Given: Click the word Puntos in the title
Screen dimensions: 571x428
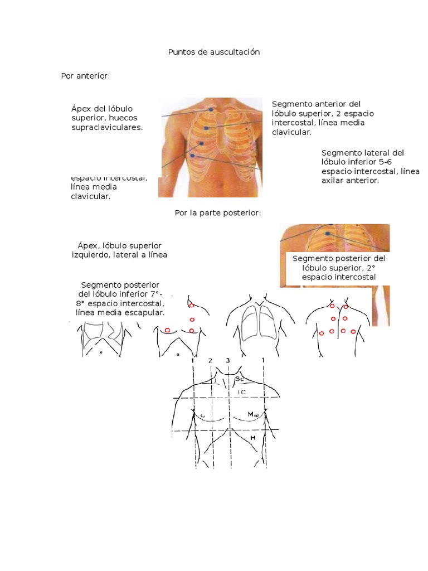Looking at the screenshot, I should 180,52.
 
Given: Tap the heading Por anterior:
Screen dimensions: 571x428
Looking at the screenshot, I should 85,76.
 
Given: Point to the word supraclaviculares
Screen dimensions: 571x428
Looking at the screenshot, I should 107,127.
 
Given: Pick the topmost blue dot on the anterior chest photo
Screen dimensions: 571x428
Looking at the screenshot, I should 211,110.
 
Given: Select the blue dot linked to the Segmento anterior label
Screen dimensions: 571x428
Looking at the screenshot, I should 206,129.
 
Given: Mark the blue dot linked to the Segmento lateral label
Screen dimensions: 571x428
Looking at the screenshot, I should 192,156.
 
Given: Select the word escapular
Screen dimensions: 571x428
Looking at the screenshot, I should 145,313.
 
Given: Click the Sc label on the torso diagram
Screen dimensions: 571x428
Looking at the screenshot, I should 239,379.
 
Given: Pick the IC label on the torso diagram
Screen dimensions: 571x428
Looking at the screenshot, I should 241,392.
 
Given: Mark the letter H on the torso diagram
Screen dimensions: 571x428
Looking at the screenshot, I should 252,438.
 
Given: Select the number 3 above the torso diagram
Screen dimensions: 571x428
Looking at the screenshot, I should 228,360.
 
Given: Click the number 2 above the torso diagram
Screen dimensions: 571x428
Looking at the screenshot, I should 210,361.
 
